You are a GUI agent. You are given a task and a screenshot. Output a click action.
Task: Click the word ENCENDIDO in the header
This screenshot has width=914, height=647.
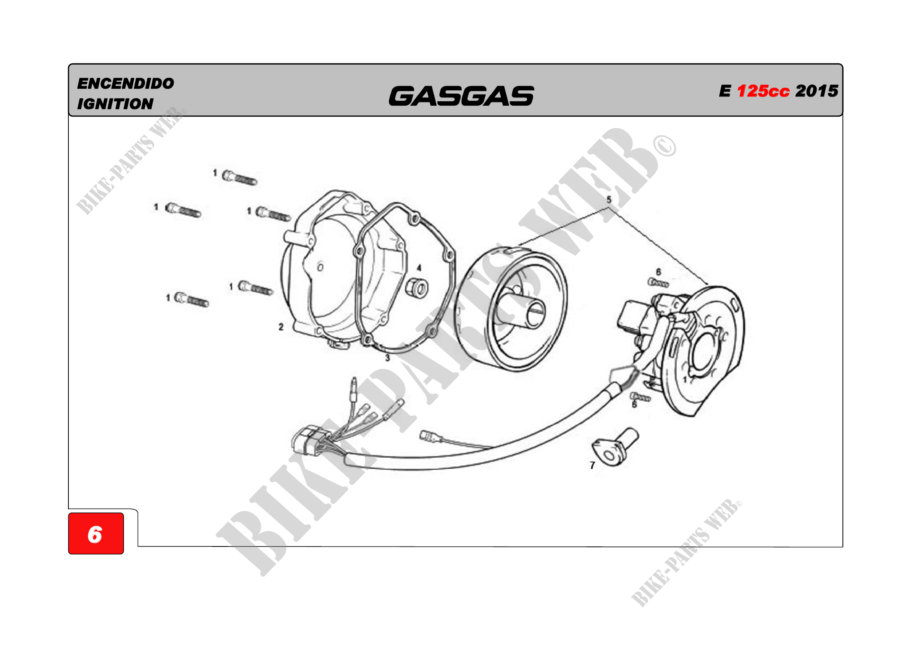coord(125,84)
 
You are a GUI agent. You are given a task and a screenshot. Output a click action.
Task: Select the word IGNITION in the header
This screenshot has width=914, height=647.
coord(115,104)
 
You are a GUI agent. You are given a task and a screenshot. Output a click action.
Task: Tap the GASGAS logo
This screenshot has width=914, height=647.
coord(461,96)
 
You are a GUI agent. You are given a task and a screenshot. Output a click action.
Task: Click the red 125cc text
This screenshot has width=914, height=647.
coord(763,91)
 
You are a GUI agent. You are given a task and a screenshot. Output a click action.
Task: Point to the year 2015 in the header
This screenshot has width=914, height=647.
coord(817,91)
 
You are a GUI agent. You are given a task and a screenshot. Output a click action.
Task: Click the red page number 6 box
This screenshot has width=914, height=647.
coord(96,534)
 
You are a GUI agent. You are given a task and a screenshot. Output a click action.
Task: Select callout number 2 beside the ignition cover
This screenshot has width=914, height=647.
coord(281,327)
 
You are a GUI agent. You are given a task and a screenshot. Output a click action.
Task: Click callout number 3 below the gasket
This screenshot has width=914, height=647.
coord(387,358)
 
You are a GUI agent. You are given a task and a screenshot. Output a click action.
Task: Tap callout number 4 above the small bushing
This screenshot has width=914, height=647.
coord(419,268)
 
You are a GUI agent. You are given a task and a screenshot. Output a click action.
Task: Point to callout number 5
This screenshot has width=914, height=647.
coord(609,199)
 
